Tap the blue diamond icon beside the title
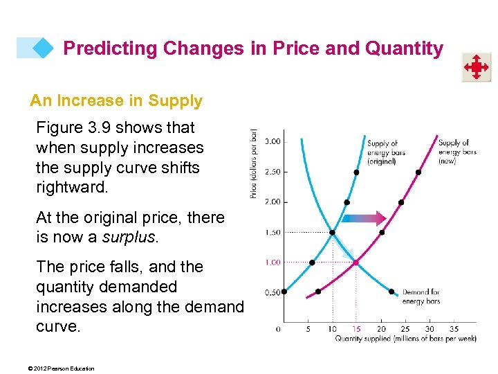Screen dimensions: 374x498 point(43,48)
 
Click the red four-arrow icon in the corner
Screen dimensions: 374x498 point(477,68)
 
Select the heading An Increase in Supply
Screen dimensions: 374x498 point(116,101)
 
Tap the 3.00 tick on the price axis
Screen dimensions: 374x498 point(273,141)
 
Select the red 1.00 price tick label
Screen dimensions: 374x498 point(273,262)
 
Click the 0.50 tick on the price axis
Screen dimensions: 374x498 point(273,292)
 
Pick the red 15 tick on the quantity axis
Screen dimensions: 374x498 point(356,328)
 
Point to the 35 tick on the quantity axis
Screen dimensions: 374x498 point(454,328)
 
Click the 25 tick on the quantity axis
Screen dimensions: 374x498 point(405,328)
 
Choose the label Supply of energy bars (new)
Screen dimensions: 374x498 point(457,152)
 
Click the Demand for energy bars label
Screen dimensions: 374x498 point(421,297)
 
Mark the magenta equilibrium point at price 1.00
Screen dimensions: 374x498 point(356,262)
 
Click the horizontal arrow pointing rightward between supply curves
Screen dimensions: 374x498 point(364,219)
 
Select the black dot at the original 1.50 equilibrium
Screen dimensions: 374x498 point(332,233)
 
